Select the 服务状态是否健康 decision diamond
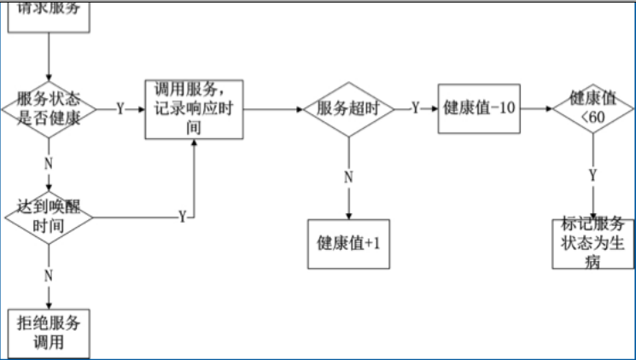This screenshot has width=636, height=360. pos(49,109)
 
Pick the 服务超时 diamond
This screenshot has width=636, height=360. pos(348,109)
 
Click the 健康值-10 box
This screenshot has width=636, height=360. pos(480,109)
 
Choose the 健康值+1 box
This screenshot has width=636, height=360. pos(348,243)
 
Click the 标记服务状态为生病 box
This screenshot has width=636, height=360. pos(592,242)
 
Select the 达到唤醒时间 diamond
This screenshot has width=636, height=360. pos(49,217)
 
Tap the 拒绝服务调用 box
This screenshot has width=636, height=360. pos(49,333)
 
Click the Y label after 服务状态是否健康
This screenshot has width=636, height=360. pos(120,109)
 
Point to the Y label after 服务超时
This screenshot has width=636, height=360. pos(415,109)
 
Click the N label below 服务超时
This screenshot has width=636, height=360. pos(348,177)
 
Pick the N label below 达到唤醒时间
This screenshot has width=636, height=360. pos(49,275)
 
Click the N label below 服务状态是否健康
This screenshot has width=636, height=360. pos(49,160)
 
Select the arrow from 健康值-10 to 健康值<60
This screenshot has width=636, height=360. pos(536,109)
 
